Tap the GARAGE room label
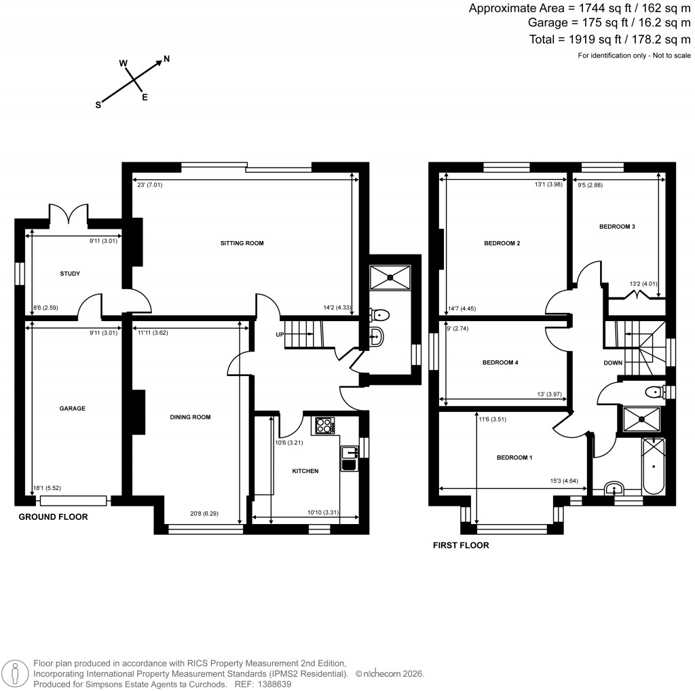point(71,409)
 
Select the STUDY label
point(69,274)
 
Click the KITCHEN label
point(305,470)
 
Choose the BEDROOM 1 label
point(514,458)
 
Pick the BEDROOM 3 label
point(616,227)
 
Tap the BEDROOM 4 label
point(500,363)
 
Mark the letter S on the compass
point(98,105)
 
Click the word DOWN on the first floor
point(613,363)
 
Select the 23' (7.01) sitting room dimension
point(149,185)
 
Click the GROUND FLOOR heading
point(53,517)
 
